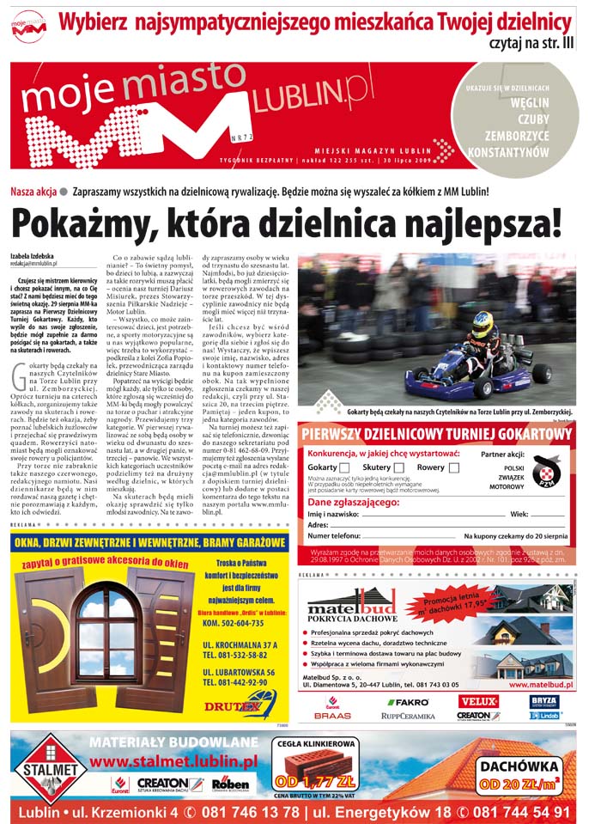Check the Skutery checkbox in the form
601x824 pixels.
[399, 467]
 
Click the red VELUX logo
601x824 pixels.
[478, 701]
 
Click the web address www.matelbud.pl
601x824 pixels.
[542, 685]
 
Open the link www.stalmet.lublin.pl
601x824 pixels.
[173, 761]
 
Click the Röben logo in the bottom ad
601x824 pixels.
[230, 783]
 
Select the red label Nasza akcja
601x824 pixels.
[33, 191]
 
